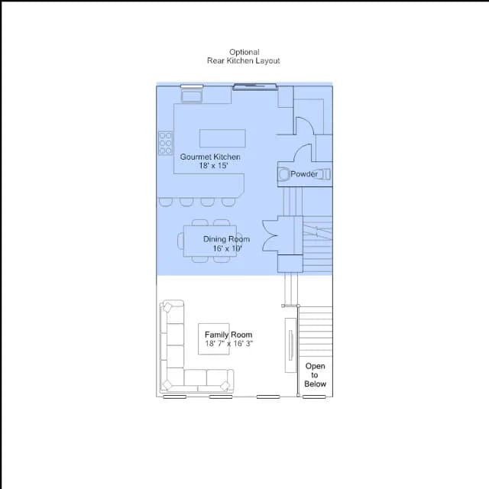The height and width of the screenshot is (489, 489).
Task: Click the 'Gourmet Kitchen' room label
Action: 210,157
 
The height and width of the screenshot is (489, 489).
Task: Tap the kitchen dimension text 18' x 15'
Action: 214,166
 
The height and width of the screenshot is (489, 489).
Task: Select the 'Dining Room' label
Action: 226,239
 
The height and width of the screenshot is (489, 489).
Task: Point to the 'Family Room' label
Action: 228,335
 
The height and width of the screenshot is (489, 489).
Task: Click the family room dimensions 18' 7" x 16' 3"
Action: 228,343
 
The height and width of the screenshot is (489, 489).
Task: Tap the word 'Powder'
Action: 304,174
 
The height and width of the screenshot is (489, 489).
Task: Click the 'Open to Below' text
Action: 315,375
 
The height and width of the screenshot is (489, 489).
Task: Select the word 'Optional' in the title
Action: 244,52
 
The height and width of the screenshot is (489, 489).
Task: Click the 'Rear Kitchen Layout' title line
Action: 244,61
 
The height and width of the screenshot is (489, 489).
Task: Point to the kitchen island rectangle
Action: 222,138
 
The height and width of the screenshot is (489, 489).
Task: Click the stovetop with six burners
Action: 165,143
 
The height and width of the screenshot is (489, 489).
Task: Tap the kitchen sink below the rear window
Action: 192,95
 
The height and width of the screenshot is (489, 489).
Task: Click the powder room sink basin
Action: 283,174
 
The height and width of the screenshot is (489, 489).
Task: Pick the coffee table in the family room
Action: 214,339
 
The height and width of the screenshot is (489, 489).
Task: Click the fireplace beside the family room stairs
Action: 290,345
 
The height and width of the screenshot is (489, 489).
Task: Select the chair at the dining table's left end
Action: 180,241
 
